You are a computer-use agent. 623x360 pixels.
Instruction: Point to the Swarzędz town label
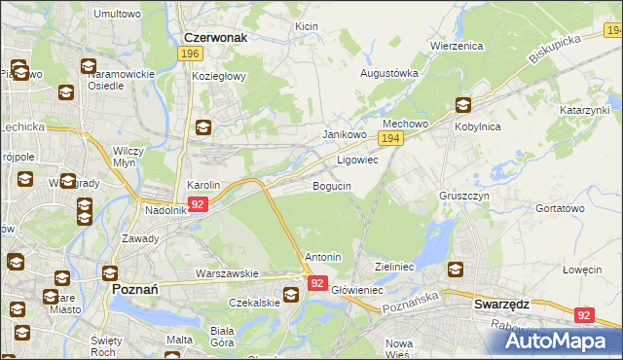click(501, 304)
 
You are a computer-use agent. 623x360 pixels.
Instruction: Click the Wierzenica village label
click(457, 46)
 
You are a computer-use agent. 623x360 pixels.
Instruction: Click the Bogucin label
click(331, 186)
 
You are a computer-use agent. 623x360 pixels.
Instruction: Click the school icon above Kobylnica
click(462, 106)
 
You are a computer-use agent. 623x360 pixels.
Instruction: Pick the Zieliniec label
click(395, 266)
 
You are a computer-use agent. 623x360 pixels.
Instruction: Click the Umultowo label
click(117, 15)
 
